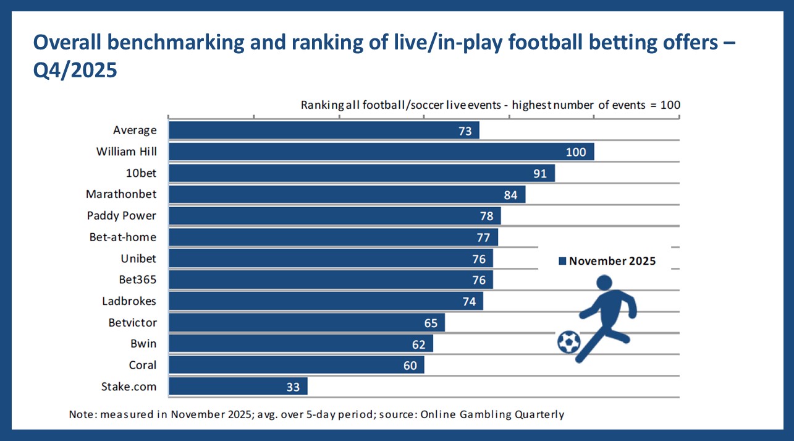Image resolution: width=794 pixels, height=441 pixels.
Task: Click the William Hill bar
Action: pos(381,152)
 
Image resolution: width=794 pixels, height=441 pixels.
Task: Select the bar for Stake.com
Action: pos(237,387)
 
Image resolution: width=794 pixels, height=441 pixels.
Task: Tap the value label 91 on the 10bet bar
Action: pos(540,173)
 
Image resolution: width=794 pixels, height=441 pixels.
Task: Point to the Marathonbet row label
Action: pos(121,194)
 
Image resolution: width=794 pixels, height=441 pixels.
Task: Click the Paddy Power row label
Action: pos(122,216)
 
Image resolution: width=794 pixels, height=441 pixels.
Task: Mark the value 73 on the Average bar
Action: pos(465,131)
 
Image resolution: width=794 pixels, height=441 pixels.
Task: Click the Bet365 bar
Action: pos(330,280)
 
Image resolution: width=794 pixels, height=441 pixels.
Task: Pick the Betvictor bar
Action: pos(306,323)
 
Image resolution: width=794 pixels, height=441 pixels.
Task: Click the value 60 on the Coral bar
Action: pos(410,366)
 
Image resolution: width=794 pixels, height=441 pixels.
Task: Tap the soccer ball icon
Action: pos(568,342)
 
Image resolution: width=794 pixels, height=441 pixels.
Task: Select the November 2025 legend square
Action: pos(562,262)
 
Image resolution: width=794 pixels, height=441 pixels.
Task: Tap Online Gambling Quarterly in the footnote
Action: pos(492,414)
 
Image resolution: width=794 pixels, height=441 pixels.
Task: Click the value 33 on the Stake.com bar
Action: pos(293,387)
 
